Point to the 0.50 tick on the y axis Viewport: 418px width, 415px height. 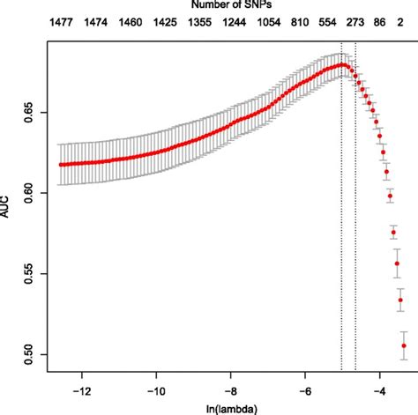(34, 354)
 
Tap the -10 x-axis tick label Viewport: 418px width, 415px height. (156, 388)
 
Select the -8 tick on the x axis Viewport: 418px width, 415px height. (230, 388)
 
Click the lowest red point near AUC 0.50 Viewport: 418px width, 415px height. (404, 346)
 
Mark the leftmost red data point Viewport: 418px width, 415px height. (60, 164)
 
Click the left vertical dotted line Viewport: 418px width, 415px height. (341, 220)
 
